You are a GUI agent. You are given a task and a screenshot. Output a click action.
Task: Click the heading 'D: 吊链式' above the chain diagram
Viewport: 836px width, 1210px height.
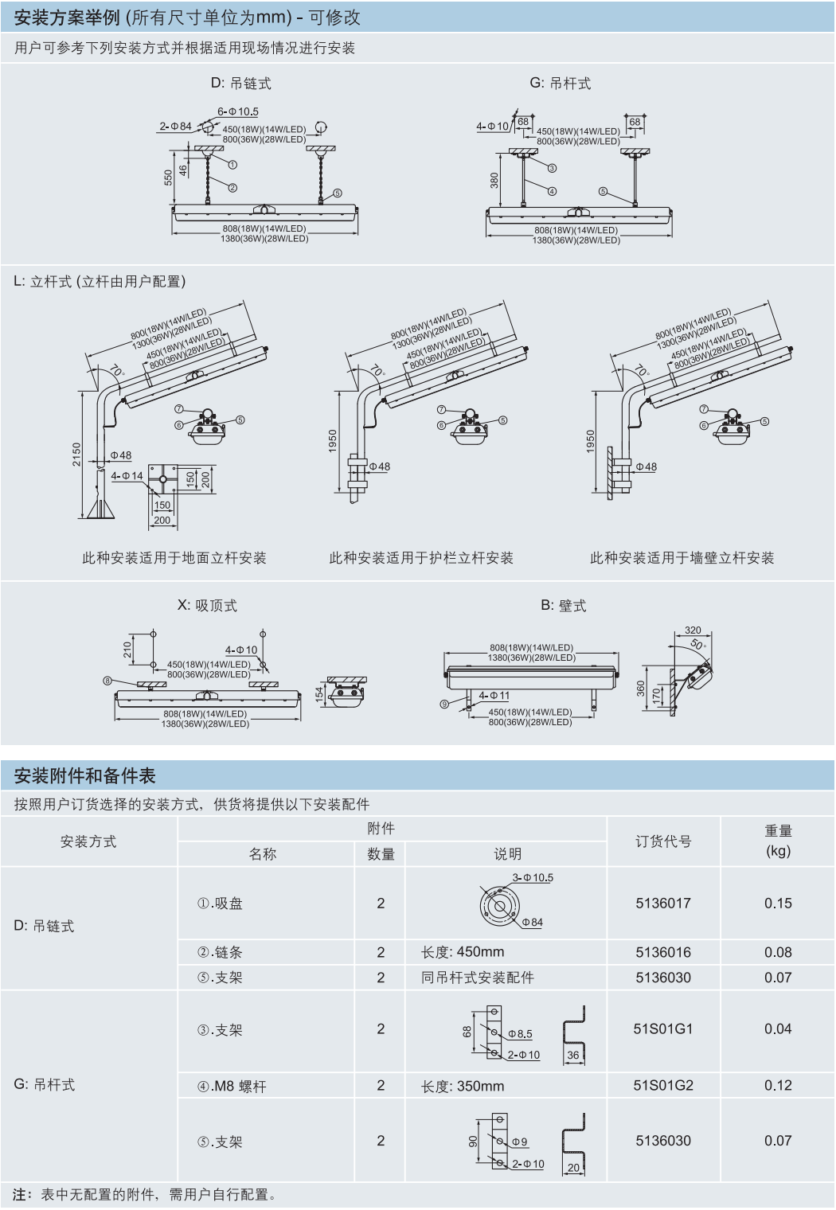(240, 84)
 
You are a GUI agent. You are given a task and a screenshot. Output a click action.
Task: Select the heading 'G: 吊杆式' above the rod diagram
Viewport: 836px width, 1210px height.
(560, 84)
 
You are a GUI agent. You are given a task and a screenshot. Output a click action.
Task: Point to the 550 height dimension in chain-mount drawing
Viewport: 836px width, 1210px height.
(169, 178)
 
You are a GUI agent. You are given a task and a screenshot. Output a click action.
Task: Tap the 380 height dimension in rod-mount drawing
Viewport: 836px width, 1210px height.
(494, 181)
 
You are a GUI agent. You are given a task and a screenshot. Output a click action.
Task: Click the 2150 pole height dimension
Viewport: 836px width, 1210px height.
(77, 455)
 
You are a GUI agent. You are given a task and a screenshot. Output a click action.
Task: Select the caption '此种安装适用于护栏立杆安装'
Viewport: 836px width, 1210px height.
(421, 558)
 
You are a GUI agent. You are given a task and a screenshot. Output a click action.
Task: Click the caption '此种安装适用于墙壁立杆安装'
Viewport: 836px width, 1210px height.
(682, 558)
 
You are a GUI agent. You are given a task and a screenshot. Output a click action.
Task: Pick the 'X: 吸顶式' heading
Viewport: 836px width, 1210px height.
(207, 606)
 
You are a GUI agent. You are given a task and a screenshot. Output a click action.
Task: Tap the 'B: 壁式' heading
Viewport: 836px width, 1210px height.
(563, 606)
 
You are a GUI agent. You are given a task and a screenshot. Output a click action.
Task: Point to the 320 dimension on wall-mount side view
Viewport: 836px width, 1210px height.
(693, 630)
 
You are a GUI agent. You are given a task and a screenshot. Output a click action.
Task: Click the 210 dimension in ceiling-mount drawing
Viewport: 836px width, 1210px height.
(127, 650)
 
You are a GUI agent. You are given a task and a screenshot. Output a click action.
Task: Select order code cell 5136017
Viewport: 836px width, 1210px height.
(663, 904)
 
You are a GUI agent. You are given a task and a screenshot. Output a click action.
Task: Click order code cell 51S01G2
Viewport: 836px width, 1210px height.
(663, 1086)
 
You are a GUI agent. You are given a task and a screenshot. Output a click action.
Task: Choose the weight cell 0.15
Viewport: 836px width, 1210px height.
(778, 904)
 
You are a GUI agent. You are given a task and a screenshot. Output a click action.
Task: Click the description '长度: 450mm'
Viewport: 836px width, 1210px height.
(463, 952)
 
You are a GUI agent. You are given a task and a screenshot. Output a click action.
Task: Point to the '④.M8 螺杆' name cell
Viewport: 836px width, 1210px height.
(232, 1087)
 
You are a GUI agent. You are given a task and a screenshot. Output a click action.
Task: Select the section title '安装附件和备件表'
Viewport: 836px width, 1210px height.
(84, 776)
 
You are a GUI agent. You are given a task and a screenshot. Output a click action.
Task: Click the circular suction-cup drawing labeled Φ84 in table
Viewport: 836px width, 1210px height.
(500, 906)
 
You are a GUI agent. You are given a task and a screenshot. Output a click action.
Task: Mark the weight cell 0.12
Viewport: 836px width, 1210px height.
(778, 1086)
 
